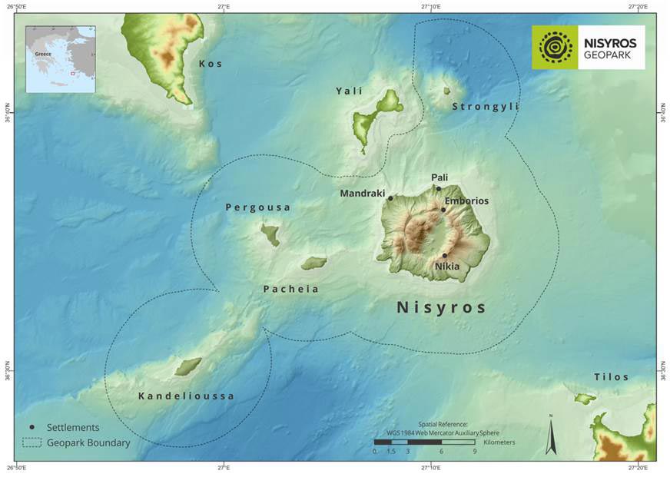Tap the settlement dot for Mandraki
(390, 198)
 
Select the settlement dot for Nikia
(444, 256)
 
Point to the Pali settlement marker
(439, 188)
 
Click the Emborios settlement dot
(443, 210)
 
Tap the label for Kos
(211, 64)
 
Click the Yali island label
(349, 91)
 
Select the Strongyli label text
(485, 107)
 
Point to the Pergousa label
(258, 208)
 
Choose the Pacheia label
(290, 290)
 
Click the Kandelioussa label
(186, 396)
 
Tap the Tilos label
(611, 377)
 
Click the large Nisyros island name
(441, 307)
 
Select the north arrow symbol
(550, 435)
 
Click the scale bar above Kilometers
(424, 442)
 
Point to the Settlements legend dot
(32, 427)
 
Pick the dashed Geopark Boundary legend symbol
(32, 442)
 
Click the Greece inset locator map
(61, 59)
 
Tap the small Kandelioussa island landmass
(187, 366)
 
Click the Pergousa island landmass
(270, 234)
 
